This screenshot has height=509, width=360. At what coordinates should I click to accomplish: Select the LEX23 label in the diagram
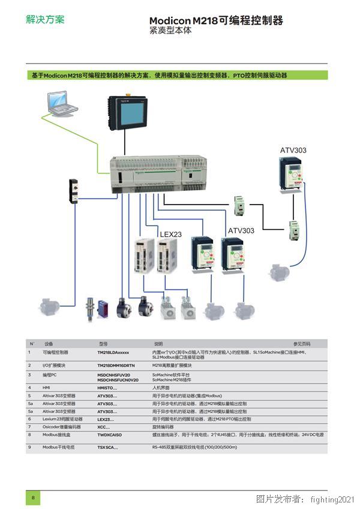[170, 234]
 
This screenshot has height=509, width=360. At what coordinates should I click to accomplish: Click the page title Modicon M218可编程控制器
[215, 21]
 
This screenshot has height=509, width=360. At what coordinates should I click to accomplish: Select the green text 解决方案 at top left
[45, 19]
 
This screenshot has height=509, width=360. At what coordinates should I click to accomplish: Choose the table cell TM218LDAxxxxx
[113, 353]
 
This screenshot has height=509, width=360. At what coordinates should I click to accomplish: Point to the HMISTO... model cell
[107, 388]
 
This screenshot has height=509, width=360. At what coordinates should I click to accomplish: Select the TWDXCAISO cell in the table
[110, 434]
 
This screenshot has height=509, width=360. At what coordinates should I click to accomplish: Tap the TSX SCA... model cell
[108, 448]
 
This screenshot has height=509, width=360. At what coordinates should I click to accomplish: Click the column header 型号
[103, 344]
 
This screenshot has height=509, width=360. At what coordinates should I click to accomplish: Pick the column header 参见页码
[302, 344]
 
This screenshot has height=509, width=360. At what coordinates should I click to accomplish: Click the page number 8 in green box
[33, 498]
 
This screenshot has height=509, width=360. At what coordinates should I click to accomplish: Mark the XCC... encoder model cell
[104, 427]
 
